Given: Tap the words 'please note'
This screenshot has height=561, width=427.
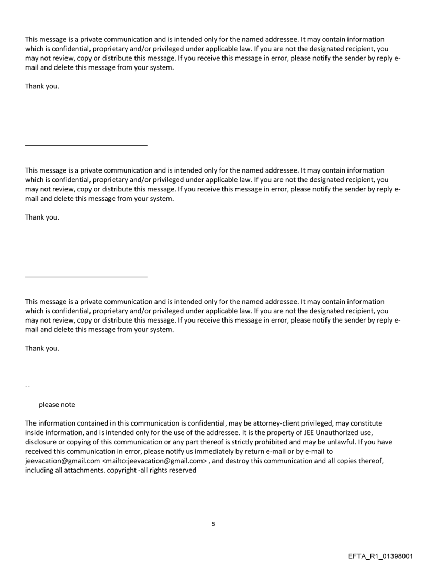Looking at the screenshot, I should click(57, 405).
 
